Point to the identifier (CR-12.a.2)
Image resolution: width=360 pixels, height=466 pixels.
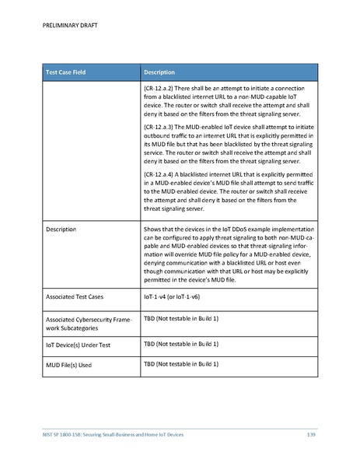[x=163, y=89]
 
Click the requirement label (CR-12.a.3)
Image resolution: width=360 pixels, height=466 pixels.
[x=163, y=126]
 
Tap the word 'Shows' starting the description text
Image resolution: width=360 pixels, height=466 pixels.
[x=154, y=229]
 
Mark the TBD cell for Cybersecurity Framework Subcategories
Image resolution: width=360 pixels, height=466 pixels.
[x=180, y=319]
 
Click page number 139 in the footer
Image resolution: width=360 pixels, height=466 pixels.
[x=311, y=433]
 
